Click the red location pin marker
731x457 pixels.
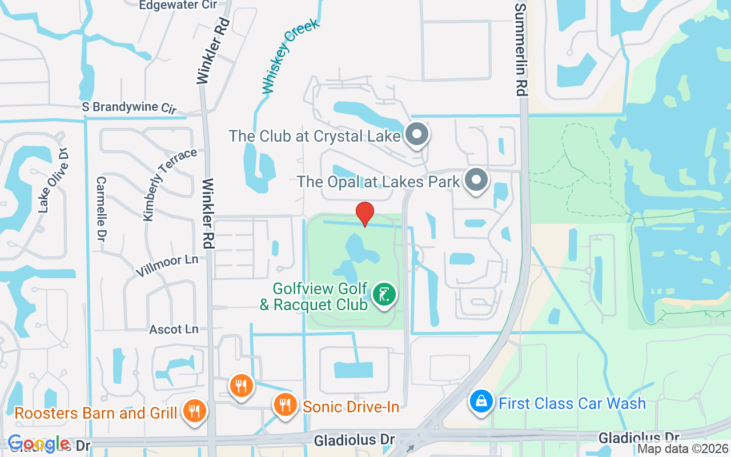pos(365,214)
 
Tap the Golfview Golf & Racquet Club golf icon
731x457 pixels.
pos(384,295)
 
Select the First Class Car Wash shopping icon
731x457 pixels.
pos(482,402)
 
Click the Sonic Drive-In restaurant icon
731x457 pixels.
pos(284,404)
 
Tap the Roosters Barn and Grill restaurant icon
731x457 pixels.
pos(195,411)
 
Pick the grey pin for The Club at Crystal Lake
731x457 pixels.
pos(417,135)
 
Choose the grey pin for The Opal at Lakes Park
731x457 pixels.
pos(476,181)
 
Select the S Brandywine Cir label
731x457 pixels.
pos(130,107)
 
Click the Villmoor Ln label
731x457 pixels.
pos(167,267)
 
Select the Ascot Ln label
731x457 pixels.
pos(174,330)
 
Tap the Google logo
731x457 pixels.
pos(38,444)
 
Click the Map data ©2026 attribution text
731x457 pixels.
pos(682,449)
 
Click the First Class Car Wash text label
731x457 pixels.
pos(572,403)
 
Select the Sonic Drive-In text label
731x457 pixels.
pos(351,407)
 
